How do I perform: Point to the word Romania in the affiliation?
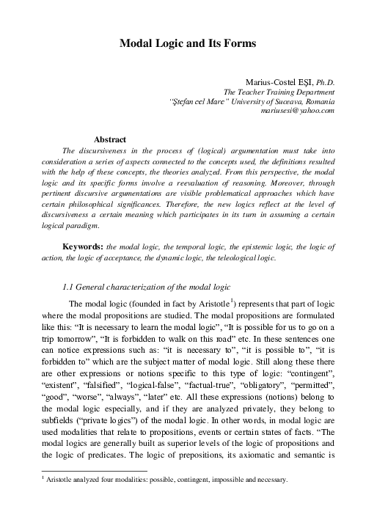pos(316,100)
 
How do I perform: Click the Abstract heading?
pos(110,139)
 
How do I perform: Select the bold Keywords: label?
pos(83,248)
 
